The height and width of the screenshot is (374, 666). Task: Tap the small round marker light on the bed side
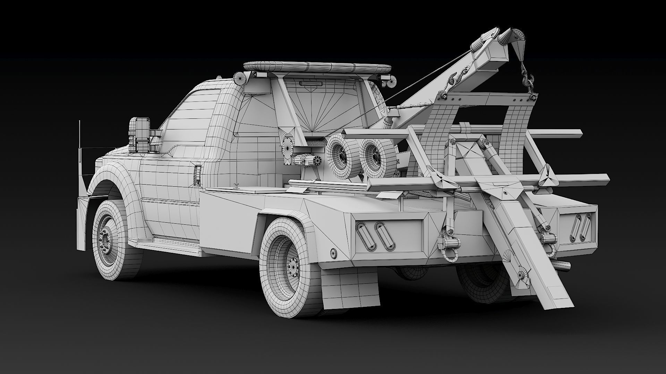[x=334, y=253]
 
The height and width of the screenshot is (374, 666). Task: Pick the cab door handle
[x=198, y=172]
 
